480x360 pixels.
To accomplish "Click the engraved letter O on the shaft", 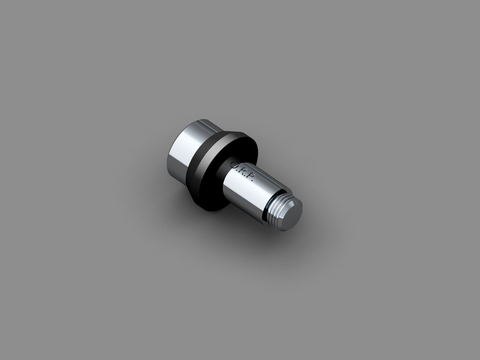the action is pyautogui.click(x=235, y=165).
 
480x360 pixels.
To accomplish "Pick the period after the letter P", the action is pyautogui.click(x=252, y=182).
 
